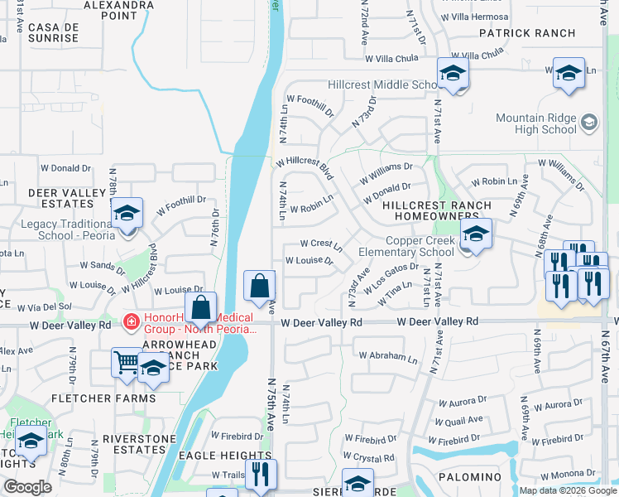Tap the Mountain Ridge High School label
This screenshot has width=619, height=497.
point(535,123)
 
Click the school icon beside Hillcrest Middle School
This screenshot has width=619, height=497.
point(453,74)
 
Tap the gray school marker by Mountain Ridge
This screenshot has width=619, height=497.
point(588,123)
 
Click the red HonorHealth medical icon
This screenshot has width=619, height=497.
point(130,321)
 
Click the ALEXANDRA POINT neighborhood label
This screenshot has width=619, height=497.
point(120,10)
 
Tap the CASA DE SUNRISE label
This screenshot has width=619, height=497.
point(53,32)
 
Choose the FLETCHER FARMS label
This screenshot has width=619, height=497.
point(103,398)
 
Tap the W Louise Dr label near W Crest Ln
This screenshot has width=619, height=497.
point(309,260)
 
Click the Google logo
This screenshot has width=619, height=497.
point(27,487)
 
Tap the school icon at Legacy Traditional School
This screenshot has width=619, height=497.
point(127,215)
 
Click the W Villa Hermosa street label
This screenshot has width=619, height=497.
point(475,16)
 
